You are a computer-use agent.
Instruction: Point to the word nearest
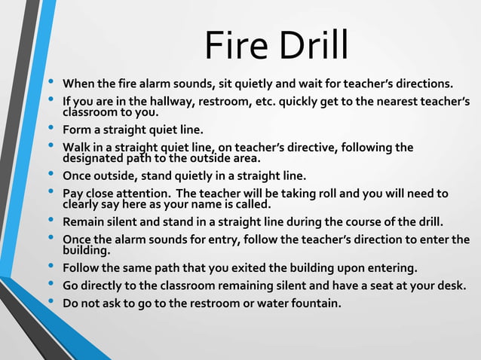point(396,102)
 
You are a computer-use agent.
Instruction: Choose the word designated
point(96,158)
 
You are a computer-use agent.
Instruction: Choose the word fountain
point(314,304)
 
